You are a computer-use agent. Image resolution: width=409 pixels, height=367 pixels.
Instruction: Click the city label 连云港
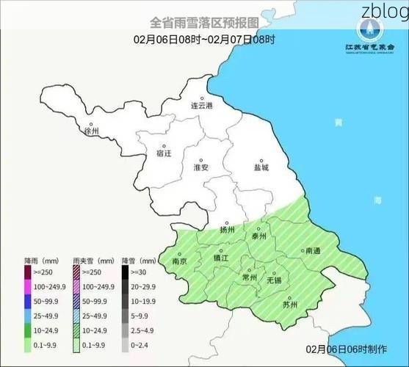click(201, 106)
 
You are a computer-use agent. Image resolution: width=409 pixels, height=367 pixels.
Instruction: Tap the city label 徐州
click(92, 132)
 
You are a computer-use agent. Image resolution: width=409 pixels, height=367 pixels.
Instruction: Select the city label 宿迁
click(164, 153)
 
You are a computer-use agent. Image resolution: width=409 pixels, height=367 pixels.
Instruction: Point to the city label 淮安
click(200, 168)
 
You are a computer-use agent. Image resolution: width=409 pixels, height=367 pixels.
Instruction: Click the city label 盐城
click(261, 167)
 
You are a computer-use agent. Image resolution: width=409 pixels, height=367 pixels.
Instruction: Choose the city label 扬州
click(227, 230)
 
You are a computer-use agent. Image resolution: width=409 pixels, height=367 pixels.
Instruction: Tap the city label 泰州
click(259, 236)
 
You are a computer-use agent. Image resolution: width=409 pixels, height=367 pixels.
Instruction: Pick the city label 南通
click(313, 251)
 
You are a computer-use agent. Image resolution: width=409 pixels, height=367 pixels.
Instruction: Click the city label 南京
click(179, 261)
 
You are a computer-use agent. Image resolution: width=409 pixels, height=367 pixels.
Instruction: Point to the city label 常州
click(250, 277)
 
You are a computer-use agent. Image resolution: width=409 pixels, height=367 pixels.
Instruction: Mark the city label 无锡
click(274, 280)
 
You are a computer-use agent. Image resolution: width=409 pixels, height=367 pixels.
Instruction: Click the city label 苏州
click(290, 305)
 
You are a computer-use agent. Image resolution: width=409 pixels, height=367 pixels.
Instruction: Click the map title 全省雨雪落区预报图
click(204, 23)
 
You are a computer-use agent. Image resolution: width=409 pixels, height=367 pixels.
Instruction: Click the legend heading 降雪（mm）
click(133, 261)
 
